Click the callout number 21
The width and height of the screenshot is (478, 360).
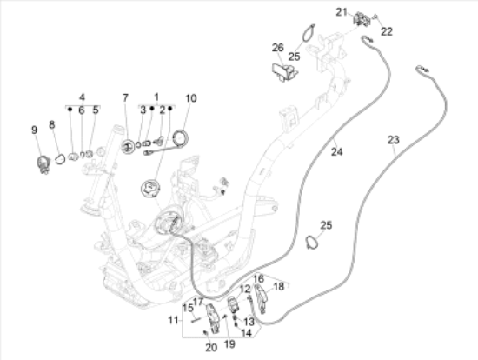(342, 12)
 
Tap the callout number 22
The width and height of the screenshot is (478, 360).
(387, 31)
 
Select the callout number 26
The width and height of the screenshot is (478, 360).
(278, 48)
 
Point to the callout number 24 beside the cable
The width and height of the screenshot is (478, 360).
(337, 151)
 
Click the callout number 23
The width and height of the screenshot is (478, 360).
(393, 140)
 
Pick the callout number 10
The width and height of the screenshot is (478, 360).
(191, 98)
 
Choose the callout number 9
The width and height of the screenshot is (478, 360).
(35, 130)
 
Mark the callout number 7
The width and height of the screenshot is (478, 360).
(125, 98)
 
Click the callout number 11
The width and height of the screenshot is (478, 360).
(173, 320)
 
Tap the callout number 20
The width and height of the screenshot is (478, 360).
(211, 347)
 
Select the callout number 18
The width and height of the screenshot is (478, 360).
(279, 286)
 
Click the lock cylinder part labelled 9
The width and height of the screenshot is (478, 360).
(43, 164)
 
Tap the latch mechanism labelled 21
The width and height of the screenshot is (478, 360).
(362, 19)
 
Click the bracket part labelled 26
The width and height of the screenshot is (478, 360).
(285, 72)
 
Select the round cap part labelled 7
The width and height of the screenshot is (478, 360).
(128, 147)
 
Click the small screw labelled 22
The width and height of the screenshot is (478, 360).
(375, 17)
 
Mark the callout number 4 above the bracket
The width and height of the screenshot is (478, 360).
(82, 97)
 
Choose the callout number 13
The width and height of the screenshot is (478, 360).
(249, 321)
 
